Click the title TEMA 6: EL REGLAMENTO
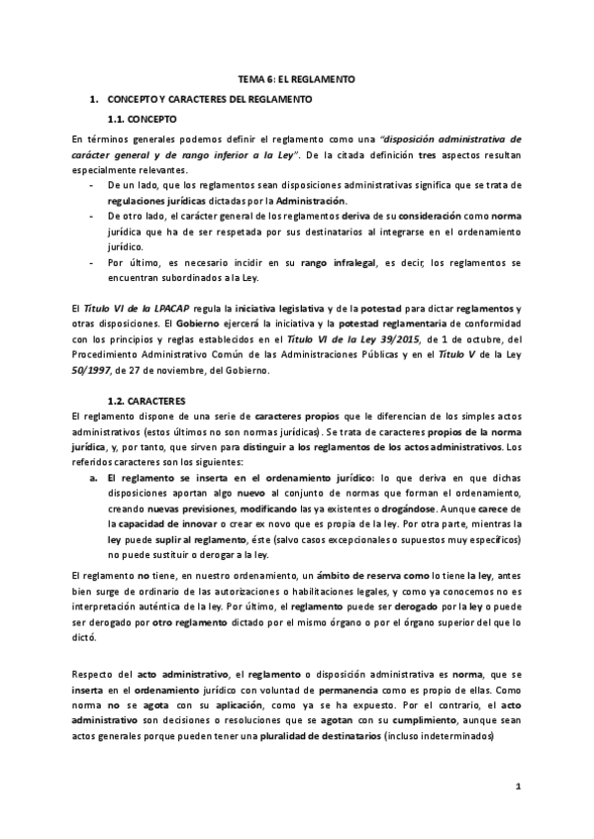pos(296,77)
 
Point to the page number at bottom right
pos(518,786)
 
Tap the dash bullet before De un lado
pos(92,185)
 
